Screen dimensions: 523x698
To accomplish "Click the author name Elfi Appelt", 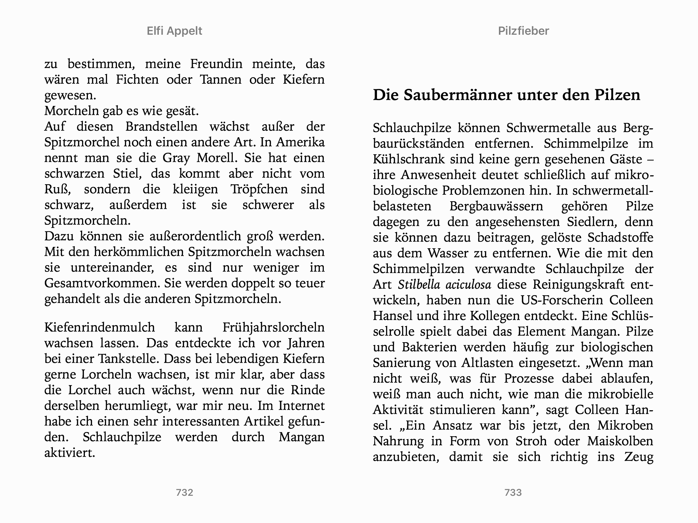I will point(174,31).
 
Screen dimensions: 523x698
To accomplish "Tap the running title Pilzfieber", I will point(523,31).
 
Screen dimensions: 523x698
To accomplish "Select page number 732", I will point(184,492).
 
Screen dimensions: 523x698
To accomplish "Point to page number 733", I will point(513,492).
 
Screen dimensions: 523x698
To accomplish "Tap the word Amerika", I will point(300,142).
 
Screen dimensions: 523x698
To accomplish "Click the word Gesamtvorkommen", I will point(102,283).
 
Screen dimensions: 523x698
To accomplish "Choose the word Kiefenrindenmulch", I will point(100,328).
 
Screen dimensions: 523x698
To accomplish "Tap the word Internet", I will point(301,406).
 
